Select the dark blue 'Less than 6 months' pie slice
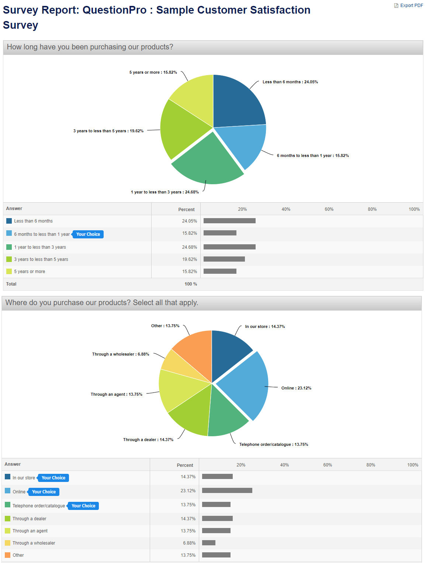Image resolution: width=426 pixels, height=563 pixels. pyautogui.click(x=236, y=103)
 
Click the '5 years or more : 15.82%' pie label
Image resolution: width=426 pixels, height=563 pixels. pyautogui.click(x=153, y=73)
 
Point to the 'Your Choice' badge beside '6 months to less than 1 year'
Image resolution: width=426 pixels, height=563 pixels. pyautogui.click(x=88, y=234)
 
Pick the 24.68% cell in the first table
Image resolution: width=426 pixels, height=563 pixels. pyautogui.click(x=190, y=247)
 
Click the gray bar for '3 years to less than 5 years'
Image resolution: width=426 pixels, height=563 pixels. pyautogui.click(x=224, y=259)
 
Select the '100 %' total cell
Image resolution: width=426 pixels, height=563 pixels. pyautogui.click(x=191, y=284)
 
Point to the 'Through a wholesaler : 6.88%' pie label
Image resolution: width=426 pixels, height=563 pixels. pyautogui.click(x=121, y=354)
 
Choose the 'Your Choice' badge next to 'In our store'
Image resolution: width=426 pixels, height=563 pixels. pyautogui.click(x=53, y=478)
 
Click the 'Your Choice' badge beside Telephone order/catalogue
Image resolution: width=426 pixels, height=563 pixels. pyautogui.click(x=83, y=506)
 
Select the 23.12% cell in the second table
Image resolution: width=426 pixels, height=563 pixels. pyautogui.click(x=188, y=491)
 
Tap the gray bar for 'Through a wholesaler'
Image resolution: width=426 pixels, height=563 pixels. pyautogui.click(x=209, y=543)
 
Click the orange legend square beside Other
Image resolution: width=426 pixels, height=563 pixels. pyautogui.click(x=8, y=555)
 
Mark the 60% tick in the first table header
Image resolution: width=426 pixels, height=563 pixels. pyautogui.click(x=329, y=209)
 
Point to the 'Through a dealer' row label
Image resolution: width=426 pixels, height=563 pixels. pyautogui.click(x=30, y=519)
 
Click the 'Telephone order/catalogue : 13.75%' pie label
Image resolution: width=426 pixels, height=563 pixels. pyautogui.click(x=274, y=445)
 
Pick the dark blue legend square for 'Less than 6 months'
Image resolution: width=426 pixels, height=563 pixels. pyautogui.click(x=9, y=221)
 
